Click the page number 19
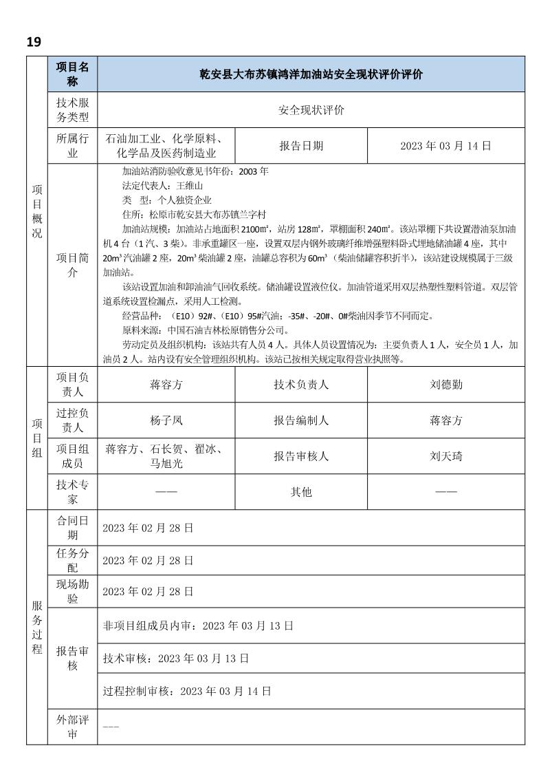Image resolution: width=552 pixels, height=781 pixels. (34, 42)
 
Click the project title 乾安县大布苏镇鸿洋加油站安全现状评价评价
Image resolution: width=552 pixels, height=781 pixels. (311, 74)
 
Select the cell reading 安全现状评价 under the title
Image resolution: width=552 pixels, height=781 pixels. (311, 110)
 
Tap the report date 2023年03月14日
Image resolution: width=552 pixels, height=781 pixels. (446, 146)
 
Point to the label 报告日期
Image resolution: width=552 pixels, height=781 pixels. (301, 146)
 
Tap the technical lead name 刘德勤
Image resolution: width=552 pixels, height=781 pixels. (446, 385)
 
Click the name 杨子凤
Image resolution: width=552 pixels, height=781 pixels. (166, 420)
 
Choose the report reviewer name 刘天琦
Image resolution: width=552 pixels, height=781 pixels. (446, 456)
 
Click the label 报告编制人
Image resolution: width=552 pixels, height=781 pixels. (301, 420)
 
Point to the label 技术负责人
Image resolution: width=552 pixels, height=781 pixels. (301, 385)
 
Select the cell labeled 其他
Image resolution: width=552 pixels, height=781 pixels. (301, 492)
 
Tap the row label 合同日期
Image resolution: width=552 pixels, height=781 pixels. (72, 528)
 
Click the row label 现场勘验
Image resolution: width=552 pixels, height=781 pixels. (72, 591)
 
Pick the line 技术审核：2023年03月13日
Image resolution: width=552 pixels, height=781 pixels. (175, 659)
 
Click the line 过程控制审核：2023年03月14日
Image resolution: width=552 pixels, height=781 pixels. (186, 690)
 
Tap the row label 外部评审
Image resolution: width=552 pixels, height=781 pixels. (72, 727)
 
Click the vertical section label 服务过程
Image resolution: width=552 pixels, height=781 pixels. (37, 626)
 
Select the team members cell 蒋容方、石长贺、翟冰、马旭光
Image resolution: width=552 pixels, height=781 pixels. (166, 456)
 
